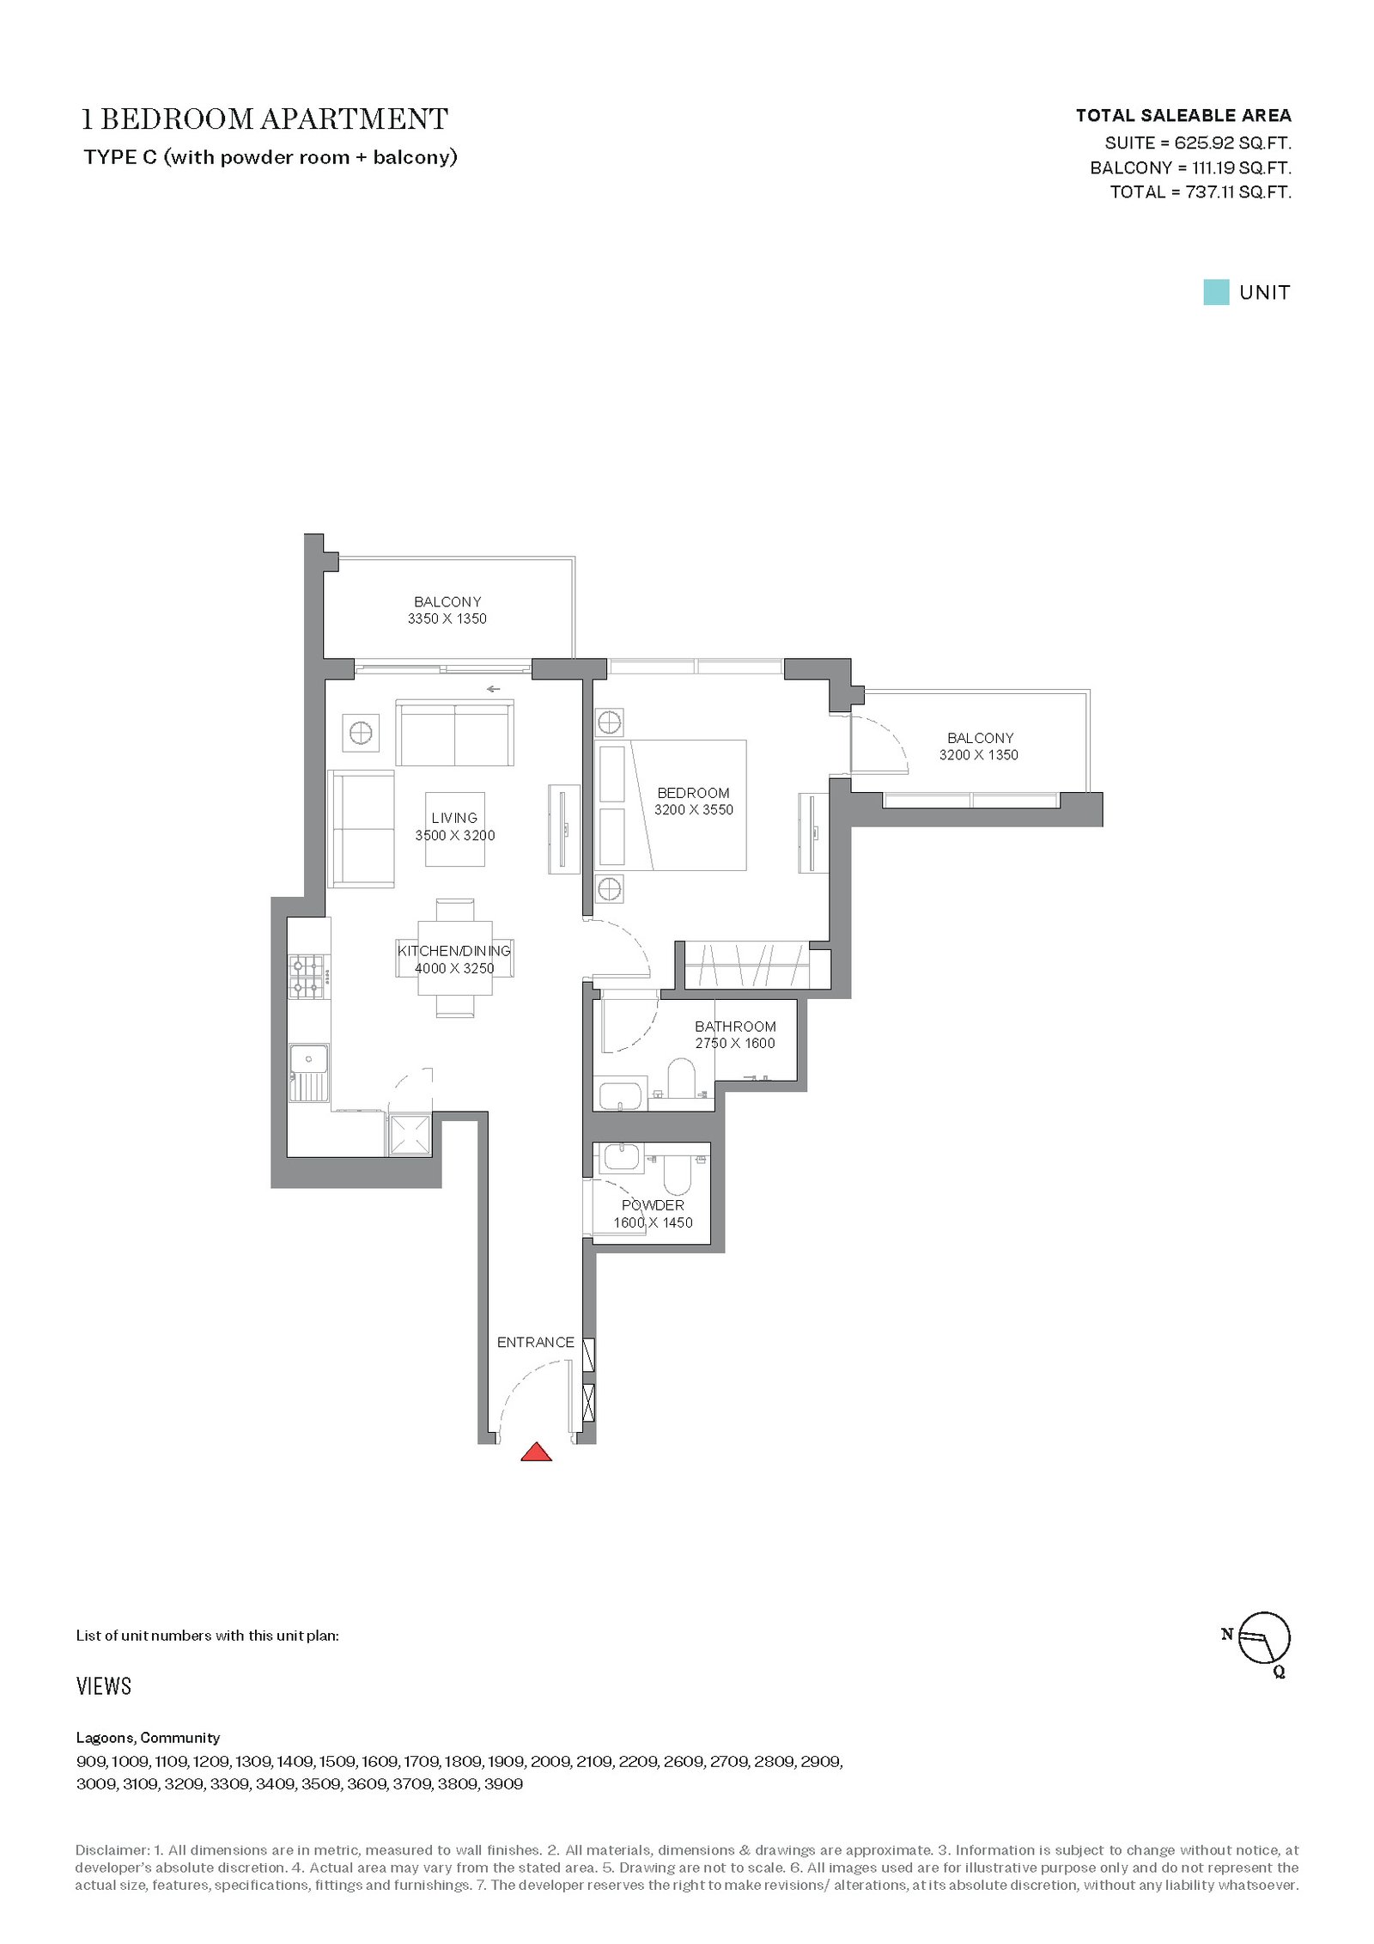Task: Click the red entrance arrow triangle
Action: [x=537, y=1452]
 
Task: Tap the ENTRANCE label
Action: [x=535, y=1342]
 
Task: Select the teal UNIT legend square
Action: [x=1216, y=292]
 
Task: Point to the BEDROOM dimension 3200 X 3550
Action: [x=694, y=809]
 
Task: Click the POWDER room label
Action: [x=653, y=1205]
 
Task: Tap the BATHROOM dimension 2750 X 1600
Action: [x=735, y=1043]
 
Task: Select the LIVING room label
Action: [x=454, y=818]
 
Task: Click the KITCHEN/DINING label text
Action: [x=454, y=951]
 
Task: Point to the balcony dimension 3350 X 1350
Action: [x=447, y=619]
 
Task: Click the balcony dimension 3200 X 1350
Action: [x=979, y=755]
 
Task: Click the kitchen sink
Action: [x=308, y=1073]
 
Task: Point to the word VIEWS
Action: [x=104, y=1686]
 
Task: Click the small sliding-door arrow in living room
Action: [x=493, y=689]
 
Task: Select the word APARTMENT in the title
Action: [x=355, y=119]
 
